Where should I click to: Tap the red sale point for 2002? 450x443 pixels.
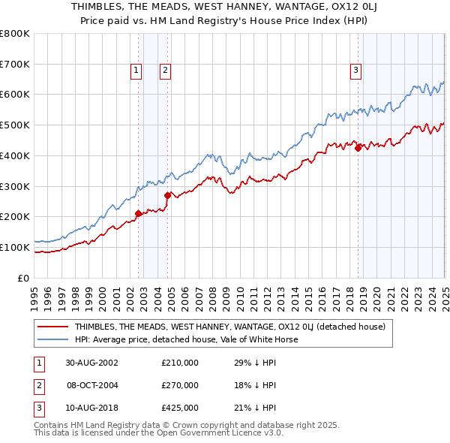(x=139, y=213)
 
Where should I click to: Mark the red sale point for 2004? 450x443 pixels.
(x=168, y=195)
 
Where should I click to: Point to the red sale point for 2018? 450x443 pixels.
(x=358, y=148)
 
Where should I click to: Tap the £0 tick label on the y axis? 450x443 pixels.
(x=23, y=278)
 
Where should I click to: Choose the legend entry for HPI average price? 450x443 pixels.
(x=186, y=339)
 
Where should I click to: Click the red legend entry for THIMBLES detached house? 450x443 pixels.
(x=229, y=327)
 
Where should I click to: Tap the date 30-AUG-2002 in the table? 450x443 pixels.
(x=91, y=363)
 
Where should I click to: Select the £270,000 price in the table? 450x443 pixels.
(x=180, y=385)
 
